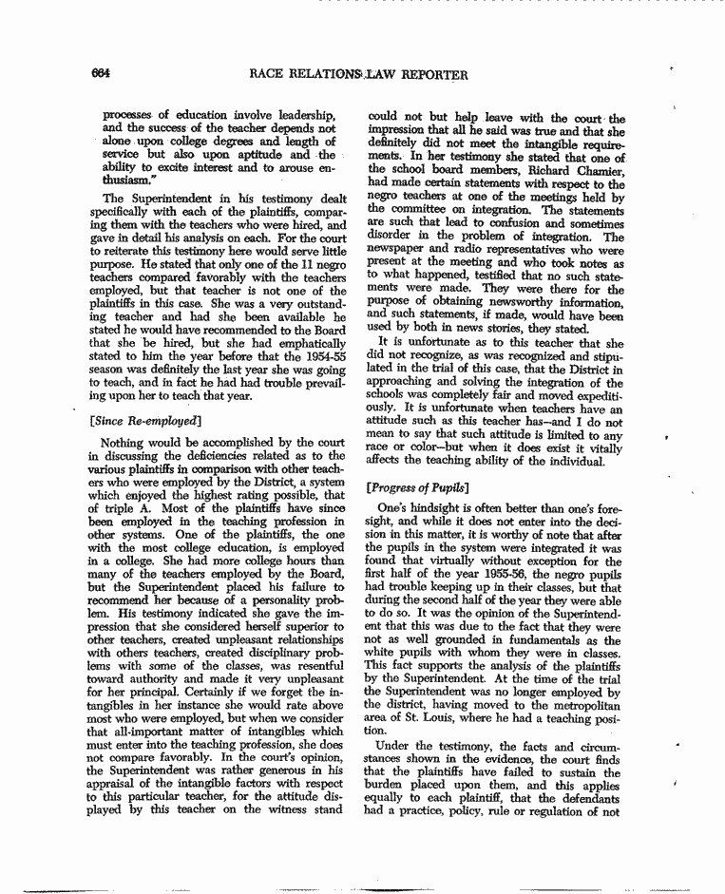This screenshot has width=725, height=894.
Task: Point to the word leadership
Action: tap(298, 116)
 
